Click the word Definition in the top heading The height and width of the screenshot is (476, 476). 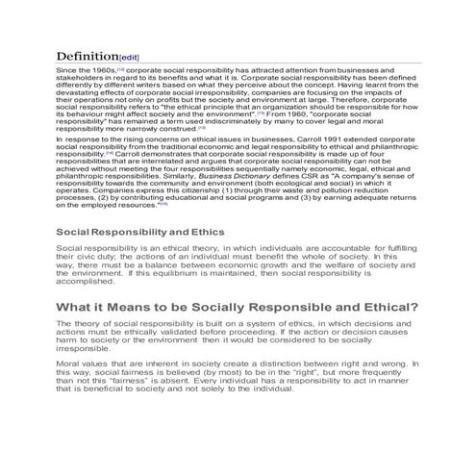point(87,57)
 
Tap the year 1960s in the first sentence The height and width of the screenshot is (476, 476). point(100,71)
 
